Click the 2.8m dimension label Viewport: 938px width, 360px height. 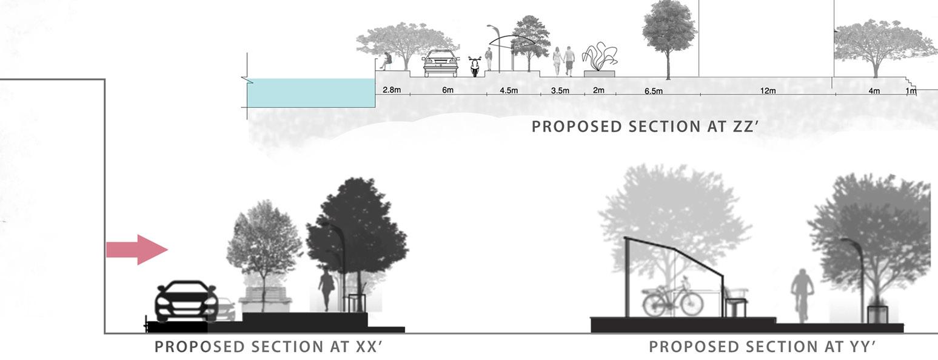(x=392, y=90)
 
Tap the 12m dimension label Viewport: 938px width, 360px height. (x=768, y=91)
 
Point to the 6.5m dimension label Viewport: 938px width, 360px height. (x=653, y=91)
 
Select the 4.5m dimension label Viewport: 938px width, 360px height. (x=509, y=90)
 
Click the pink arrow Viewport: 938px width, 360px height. (x=137, y=249)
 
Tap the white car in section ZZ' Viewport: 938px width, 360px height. (x=441, y=63)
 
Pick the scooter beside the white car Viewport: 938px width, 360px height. (x=474, y=66)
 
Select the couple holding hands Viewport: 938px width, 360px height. (x=563, y=61)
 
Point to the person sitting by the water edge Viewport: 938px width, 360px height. (x=386, y=60)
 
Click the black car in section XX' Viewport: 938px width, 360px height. (x=186, y=301)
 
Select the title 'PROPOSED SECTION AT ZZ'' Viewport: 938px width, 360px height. (x=646, y=127)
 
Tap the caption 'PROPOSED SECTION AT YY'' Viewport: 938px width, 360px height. (x=763, y=347)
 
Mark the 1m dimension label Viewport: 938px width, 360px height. (x=911, y=91)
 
